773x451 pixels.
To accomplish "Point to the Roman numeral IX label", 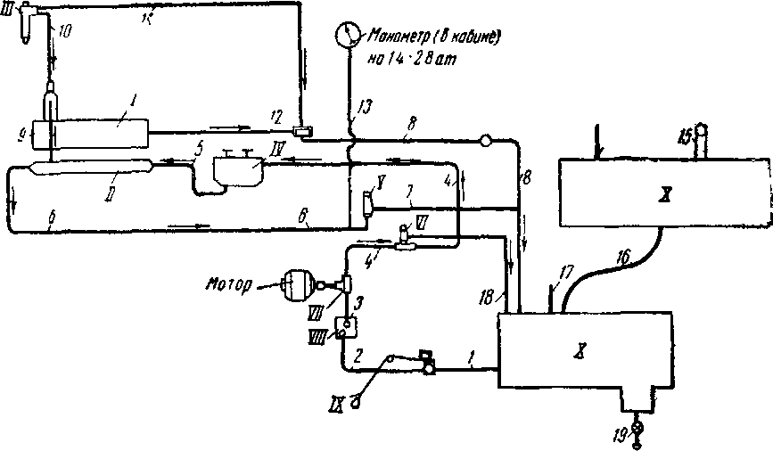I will coord(339,388).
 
